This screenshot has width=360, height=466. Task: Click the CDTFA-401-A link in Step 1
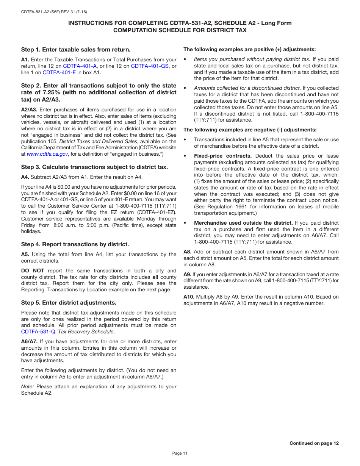(x=80, y=66)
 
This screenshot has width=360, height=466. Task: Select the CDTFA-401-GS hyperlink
(x=150, y=66)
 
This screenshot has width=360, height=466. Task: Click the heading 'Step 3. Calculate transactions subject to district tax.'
(x=94, y=167)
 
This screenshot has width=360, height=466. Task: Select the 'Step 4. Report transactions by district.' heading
(x=75, y=244)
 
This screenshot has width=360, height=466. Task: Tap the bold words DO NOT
(x=33, y=271)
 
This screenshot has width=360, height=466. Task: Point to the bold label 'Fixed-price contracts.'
(x=223, y=156)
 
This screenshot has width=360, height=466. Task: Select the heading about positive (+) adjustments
(x=249, y=49)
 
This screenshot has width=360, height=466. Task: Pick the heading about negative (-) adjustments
(x=250, y=130)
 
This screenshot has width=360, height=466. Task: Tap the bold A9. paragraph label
(x=187, y=274)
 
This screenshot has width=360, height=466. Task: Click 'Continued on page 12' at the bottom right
(x=314, y=443)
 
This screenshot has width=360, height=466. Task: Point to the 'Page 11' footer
(x=180, y=453)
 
